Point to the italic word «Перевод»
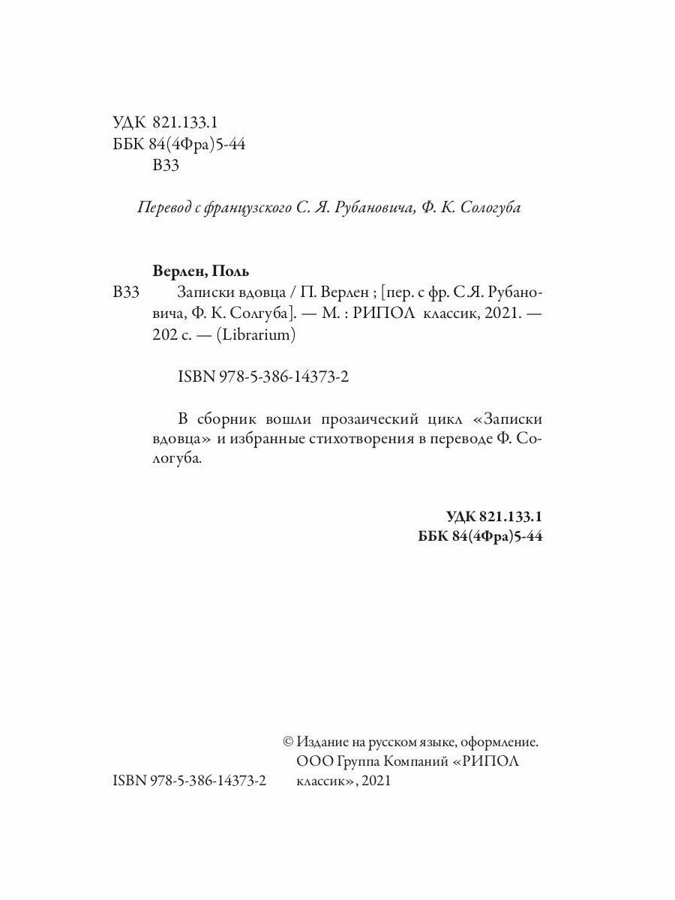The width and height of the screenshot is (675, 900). (x=160, y=209)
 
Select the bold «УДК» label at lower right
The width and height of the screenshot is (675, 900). (x=460, y=517)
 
